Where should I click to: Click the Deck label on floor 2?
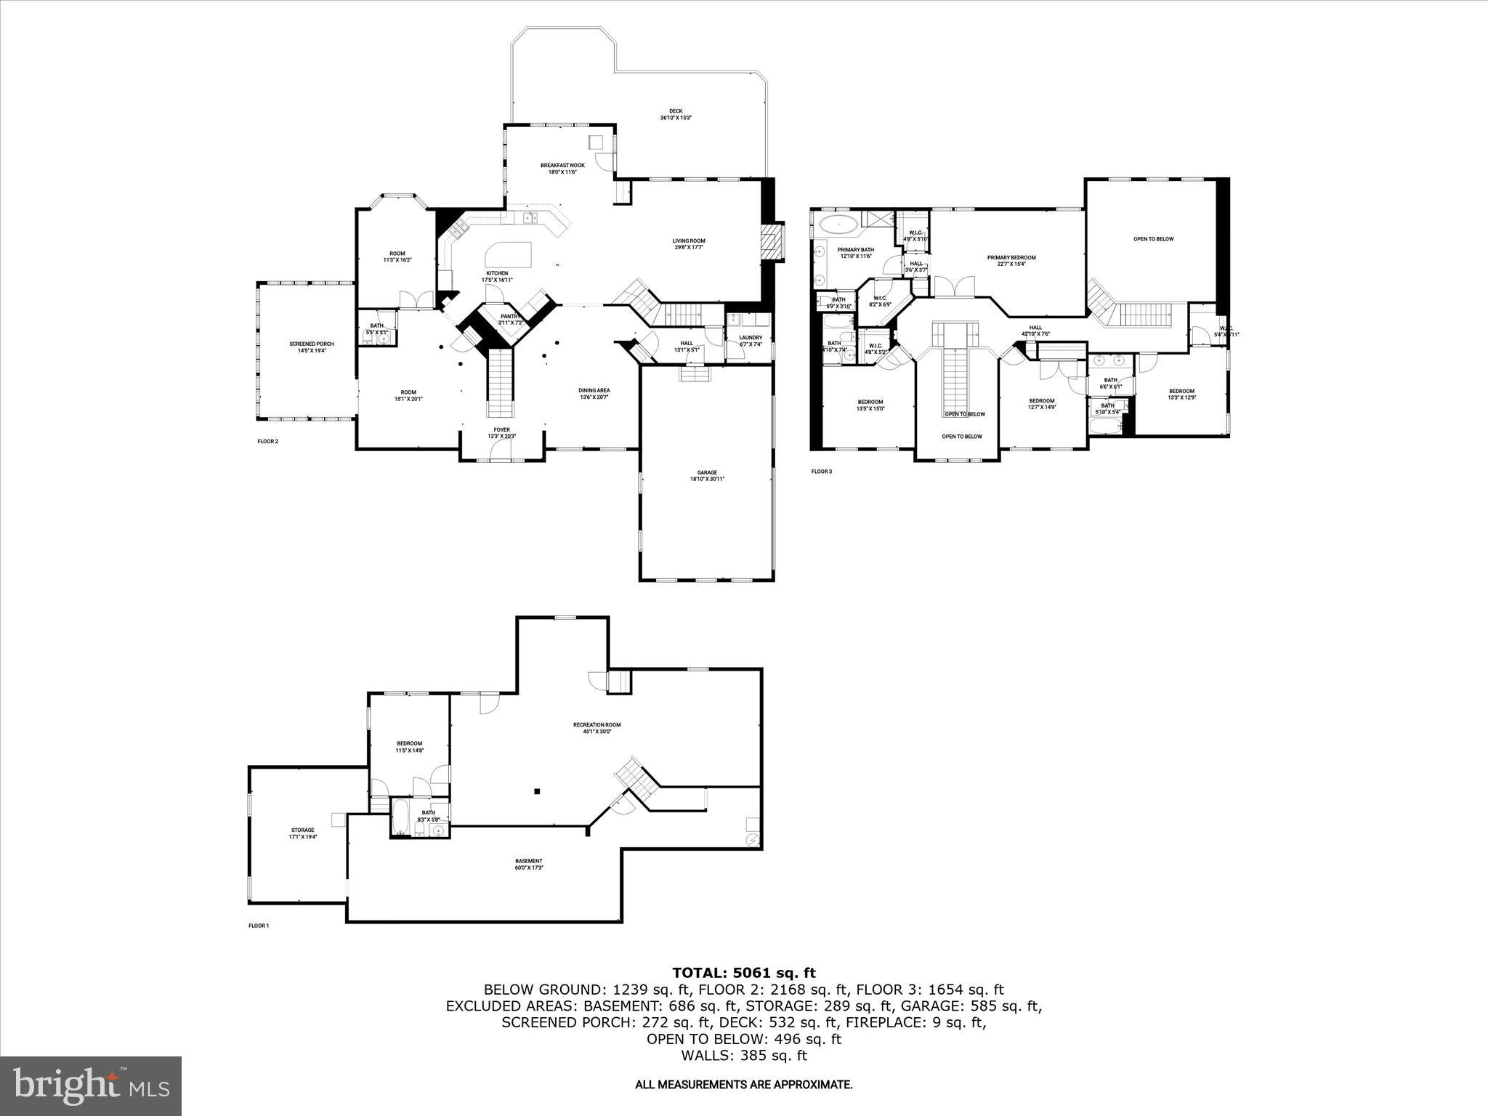click(x=675, y=114)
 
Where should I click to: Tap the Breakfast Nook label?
click(x=562, y=169)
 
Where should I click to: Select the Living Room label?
click(x=688, y=244)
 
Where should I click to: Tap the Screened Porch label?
click(x=312, y=347)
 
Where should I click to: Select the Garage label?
click(x=706, y=475)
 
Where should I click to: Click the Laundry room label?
click(x=751, y=340)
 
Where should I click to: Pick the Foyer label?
click(x=502, y=432)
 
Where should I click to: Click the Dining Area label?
click(x=594, y=393)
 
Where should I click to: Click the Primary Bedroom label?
click(x=1011, y=260)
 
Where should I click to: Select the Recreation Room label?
click(x=597, y=727)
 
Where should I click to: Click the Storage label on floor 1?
click(x=303, y=833)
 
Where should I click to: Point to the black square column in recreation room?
click(x=537, y=791)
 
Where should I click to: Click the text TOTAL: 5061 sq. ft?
click(x=743, y=973)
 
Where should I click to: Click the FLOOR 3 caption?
click(x=821, y=472)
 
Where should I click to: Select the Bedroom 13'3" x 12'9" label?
click(x=1181, y=394)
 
